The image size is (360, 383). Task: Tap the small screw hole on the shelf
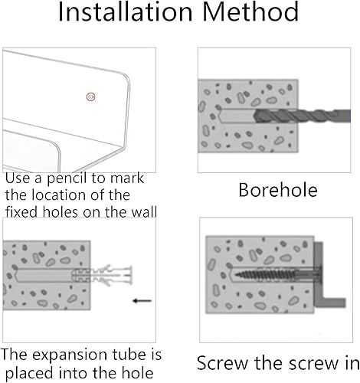91,96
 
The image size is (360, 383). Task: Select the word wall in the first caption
140,211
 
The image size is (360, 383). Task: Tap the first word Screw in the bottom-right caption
221,363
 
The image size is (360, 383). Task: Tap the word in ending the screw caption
349,363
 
